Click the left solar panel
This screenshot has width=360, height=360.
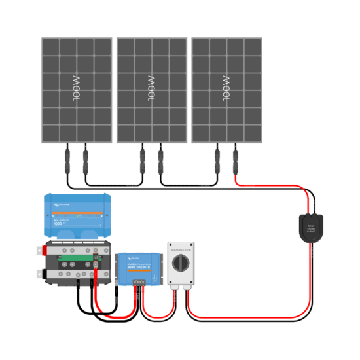tap(76, 90)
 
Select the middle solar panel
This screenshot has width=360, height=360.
tap(151, 90)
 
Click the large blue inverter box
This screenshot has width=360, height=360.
tap(76, 215)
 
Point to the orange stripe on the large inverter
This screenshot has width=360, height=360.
tap(76, 213)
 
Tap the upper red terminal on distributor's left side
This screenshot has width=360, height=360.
tap(39, 249)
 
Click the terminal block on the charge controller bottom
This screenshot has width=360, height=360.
tap(138, 282)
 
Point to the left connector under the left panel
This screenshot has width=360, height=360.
tap(66, 160)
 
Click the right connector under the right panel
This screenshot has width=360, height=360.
tap(235, 160)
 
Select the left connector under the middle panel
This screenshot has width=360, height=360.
tap(141, 160)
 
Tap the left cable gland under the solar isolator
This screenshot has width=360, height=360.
tap(174, 287)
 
